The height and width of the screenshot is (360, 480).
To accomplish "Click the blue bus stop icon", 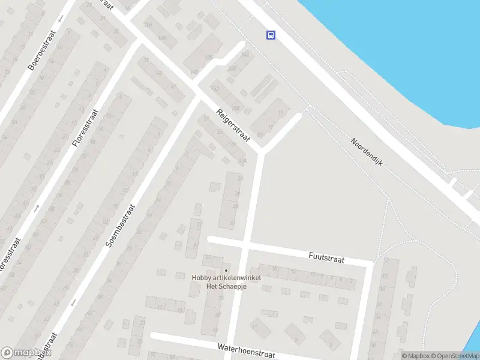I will [271, 35].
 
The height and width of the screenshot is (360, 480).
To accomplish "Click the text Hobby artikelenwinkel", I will [226, 277].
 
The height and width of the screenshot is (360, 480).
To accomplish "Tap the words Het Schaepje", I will [226, 286].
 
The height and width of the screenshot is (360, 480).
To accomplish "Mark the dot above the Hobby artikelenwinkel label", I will [226, 270].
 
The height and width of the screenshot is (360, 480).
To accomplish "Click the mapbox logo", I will [26, 353].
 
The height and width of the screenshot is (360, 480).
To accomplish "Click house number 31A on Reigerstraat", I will [242, 161].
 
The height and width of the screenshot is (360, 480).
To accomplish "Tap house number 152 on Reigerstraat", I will [215, 89].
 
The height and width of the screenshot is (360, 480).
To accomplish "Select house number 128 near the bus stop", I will [209, 58].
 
